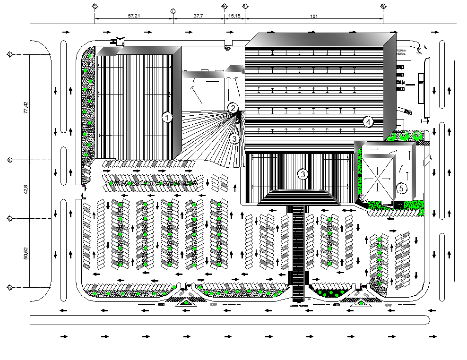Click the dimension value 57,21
click(134, 16)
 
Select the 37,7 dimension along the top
click(198, 16)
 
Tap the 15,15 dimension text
click(235, 16)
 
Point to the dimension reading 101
click(313, 16)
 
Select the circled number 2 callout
click(233, 108)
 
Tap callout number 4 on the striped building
click(369, 122)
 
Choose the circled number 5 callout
click(401, 189)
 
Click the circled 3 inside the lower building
click(303, 174)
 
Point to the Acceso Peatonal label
click(298, 306)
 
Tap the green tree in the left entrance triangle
click(184, 302)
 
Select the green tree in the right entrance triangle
click(360, 302)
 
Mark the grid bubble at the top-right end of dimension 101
click(383, 6)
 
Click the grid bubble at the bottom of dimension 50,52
click(9, 287)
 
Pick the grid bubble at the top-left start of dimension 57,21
click(95, 6)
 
